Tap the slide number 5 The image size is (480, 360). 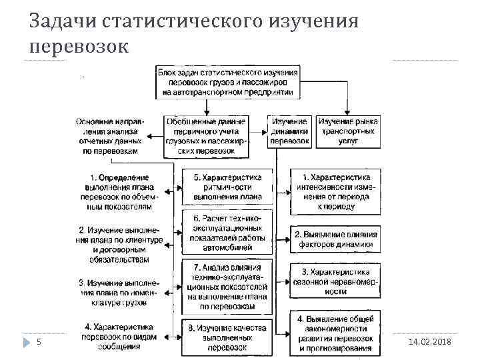(39, 341)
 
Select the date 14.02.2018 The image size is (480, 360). (428, 341)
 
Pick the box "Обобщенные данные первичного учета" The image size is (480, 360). (206, 137)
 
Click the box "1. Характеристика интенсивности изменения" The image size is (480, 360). (337, 192)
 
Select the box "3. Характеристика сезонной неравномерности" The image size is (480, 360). (337, 281)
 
